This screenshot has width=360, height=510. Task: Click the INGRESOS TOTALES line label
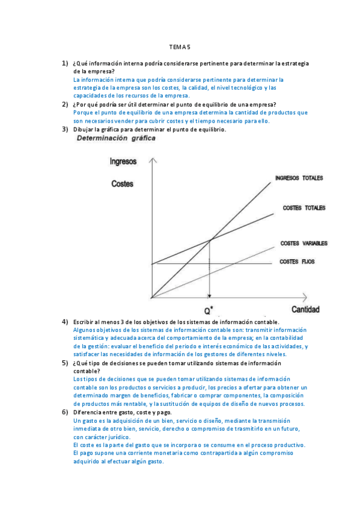tap(299, 179)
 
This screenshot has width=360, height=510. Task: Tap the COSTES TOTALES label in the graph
tap(304, 208)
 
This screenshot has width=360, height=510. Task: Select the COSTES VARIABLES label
tap(304, 244)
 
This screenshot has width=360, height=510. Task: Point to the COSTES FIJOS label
tap(297, 262)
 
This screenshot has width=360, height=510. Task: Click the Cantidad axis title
tap(305, 310)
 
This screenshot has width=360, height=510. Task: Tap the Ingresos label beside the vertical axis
tap(123, 161)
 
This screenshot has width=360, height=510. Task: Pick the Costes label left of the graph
tap(123, 184)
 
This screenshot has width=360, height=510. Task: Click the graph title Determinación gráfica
tap(115, 138)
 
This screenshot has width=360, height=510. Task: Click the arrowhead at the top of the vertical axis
tap(154, 160)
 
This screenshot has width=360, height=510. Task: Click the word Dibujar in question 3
tap(84, 129)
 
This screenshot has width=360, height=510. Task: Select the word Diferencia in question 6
tap(88, 413)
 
